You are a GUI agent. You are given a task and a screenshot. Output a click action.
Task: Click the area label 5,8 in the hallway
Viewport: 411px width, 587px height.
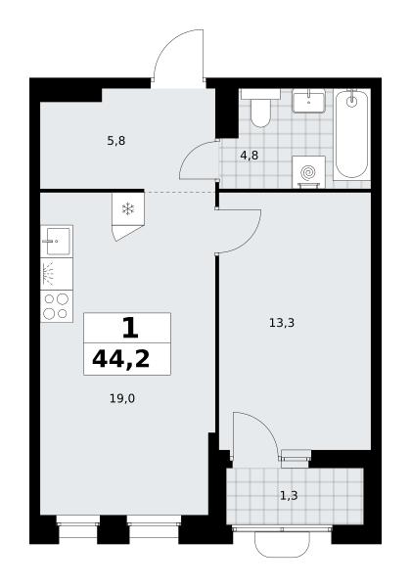116,141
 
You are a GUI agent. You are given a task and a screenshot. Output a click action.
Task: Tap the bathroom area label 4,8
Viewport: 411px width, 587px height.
250,155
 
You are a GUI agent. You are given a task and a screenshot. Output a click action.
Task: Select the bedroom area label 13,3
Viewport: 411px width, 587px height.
282,322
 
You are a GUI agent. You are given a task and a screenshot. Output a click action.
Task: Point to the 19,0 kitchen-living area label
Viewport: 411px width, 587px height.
122,399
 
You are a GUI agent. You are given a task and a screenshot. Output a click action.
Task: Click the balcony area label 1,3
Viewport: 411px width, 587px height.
289,496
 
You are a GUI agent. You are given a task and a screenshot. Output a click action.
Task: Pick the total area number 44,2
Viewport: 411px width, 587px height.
121,359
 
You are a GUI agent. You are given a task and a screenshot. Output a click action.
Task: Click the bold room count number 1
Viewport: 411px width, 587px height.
130,328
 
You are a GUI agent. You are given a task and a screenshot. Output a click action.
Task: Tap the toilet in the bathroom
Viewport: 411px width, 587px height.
260,109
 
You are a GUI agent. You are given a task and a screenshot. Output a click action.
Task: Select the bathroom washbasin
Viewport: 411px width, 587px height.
308,101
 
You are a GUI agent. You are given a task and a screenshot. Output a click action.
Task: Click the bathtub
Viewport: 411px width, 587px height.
351,134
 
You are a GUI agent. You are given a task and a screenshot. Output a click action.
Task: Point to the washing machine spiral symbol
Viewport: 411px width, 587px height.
308,173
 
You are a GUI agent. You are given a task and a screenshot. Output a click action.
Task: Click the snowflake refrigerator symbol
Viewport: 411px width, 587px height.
128,209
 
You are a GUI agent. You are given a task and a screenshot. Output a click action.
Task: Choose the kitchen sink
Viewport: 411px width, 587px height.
57,242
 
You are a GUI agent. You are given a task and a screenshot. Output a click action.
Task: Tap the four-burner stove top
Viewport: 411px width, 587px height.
57,306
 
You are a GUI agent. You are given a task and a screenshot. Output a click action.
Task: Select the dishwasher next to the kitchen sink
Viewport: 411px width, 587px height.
57,274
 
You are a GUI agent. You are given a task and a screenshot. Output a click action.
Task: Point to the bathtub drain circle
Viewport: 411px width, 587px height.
351,102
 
